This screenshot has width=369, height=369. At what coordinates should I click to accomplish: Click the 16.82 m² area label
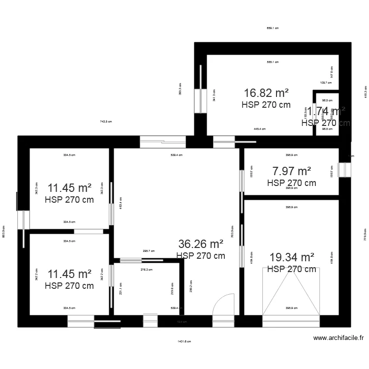tap(266, 93)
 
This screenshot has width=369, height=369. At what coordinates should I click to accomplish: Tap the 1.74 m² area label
tap(326, 111)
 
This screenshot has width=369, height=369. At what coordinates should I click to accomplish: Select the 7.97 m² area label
tap(291, 171)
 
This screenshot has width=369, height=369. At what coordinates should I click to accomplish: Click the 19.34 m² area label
tap(292, 257)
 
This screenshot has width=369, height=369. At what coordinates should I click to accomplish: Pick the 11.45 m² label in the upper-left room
tap(69, 188)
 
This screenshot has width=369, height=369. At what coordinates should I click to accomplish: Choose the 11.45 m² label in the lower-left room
tap(69, 274)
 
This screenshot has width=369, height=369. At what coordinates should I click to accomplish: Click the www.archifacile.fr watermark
tap(338, 338)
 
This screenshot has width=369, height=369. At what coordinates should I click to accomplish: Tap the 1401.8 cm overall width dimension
tap(184, 341)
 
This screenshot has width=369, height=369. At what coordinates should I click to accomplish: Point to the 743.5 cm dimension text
tap(106, 122)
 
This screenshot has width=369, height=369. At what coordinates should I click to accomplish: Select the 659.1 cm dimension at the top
tap(273, 28)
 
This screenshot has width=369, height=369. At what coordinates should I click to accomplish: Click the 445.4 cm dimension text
tap(259, 129)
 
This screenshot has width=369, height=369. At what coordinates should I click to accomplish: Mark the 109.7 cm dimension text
tap(326, 83)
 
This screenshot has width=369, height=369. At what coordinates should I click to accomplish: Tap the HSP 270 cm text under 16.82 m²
tap(266, 104)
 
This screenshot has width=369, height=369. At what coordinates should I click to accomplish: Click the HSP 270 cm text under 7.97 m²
tap(291, 183)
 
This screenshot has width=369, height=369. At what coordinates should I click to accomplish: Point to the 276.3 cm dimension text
tap(146, 269)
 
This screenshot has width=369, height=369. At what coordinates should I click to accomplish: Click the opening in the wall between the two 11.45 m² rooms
tap(89, 231)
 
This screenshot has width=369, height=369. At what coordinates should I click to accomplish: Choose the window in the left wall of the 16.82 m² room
tap(200, 101)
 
